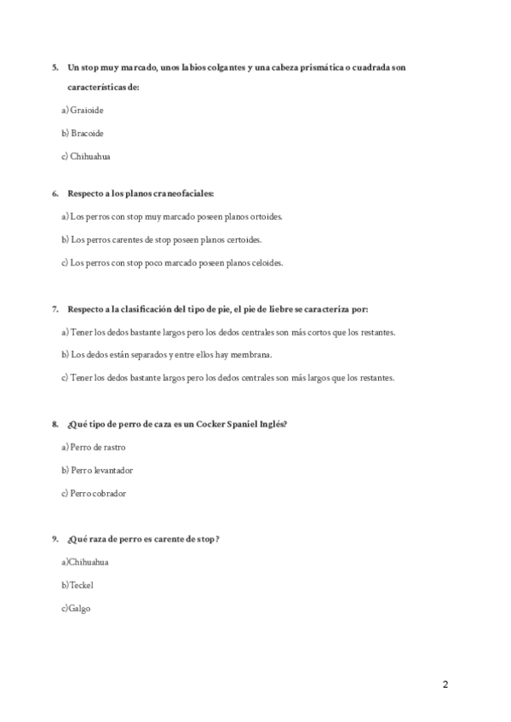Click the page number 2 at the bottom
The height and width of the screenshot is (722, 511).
tap(445, 685)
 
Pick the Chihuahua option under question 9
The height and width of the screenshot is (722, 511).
tap(87, 562)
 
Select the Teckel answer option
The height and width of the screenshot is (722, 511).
tap(79, 585)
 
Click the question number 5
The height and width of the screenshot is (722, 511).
tap(55, 67)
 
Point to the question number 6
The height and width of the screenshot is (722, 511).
tap(55, 194)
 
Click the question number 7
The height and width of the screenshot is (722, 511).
tap(55, 309)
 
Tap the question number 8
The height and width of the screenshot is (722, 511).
tap(55, 424)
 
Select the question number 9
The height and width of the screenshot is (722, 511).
tap(55, 539)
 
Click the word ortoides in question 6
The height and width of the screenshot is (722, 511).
tap(264, 217)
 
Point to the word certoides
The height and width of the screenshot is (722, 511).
tap(244, 240)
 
